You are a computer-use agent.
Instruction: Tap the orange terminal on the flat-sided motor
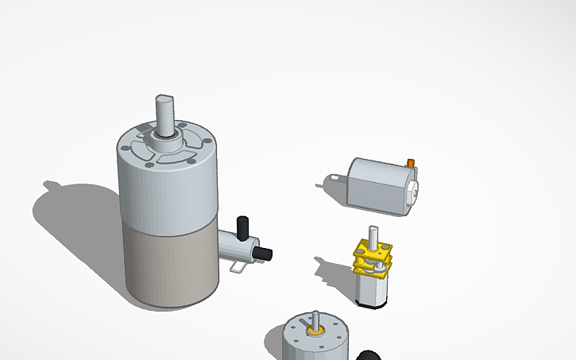(x=411, y=163)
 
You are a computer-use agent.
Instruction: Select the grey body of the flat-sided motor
(x=378, y=183)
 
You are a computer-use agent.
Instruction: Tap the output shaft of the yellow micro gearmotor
(x=372, y=235)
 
